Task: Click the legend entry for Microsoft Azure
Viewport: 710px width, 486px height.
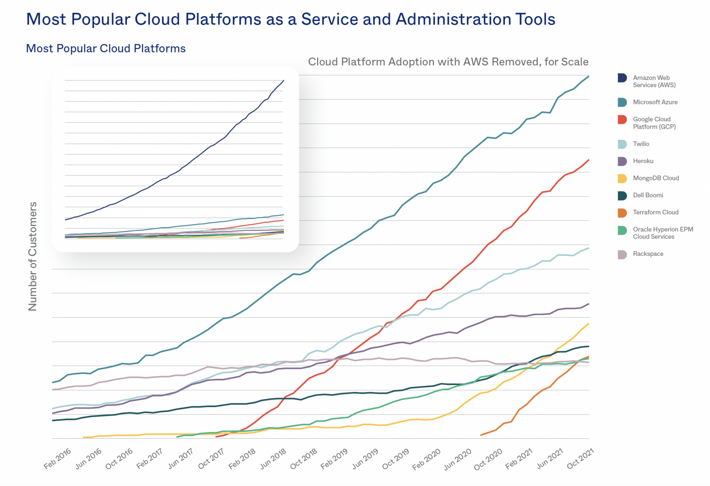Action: [655, 102]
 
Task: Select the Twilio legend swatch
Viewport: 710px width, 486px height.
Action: [622, 144]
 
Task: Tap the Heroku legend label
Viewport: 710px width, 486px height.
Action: [643, 161]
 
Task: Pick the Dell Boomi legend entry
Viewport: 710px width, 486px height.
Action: [648, 195]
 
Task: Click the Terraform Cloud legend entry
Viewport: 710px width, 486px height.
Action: [655, 212]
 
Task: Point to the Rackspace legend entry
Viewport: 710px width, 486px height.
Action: [648, 254]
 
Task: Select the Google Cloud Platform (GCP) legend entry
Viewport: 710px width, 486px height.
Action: [654, 123]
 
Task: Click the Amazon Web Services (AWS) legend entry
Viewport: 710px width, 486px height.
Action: [654, 81]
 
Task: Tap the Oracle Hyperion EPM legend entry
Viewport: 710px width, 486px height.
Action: [662, 233]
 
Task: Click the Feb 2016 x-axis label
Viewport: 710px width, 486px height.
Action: [58, 459]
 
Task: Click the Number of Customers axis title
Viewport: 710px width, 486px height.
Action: [33, 256]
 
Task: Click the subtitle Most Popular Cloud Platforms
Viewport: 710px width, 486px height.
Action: [106, 49]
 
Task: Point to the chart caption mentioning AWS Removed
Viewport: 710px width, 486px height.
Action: [448, 62]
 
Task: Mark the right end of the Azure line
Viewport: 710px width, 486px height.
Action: [589, 77]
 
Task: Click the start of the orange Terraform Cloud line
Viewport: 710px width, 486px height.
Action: [481, 435]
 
